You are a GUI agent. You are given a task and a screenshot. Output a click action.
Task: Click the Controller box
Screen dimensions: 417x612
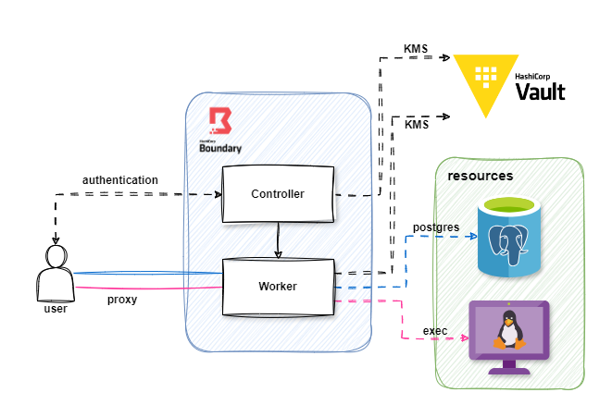[278, 194]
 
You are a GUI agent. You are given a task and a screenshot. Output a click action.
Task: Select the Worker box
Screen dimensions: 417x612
[278, 287]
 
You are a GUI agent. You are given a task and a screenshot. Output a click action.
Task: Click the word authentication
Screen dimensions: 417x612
[120, 179]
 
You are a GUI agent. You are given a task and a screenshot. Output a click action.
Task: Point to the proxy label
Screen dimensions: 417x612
[122, 300]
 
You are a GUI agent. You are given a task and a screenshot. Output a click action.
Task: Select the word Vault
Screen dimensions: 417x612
[540, 92]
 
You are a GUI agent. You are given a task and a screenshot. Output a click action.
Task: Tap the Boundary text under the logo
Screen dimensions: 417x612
[220, 147]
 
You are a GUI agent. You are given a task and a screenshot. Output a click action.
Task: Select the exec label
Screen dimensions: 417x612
[435, 330]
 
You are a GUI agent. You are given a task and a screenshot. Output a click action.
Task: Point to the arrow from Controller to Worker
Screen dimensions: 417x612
[278, 240]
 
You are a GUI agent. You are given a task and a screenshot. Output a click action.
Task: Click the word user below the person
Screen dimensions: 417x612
[56, 308]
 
